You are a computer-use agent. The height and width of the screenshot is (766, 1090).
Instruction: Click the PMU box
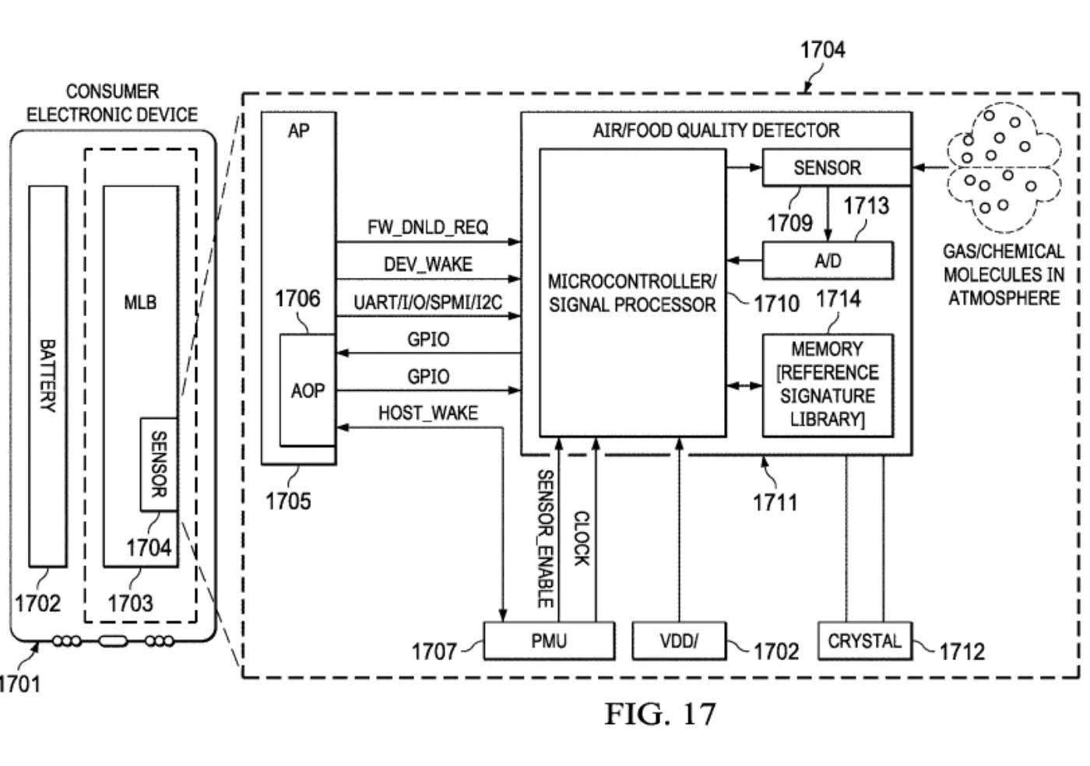tap(549, 641)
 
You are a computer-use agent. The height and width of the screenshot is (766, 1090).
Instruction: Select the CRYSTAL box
tap(864, 641)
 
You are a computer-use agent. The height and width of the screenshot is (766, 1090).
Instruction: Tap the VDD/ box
tap(679, 641)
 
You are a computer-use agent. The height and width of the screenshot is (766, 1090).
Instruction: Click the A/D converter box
tap(827, 261)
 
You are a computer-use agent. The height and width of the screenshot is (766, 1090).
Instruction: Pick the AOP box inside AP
tap(308, 390)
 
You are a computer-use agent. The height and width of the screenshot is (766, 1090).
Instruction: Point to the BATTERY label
tap(47, 375)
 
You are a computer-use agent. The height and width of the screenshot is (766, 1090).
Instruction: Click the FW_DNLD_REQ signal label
tap(427, 227)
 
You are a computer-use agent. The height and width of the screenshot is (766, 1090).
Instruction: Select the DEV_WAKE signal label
tap(427, 265)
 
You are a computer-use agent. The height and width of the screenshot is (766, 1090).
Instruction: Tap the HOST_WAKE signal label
tap(427, 413)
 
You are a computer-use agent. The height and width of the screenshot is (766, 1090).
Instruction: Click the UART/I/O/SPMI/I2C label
tap(427, 302)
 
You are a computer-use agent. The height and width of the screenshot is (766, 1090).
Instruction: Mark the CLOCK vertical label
tap(582, 538)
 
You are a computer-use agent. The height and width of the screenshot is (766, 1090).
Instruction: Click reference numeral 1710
tap(776, 303)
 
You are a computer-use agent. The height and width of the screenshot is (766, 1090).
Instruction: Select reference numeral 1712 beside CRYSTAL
tap(962, 651)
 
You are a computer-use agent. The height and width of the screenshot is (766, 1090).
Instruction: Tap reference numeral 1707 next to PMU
tap(434, 651)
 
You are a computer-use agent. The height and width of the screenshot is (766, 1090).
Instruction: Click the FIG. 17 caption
tap(660, 714)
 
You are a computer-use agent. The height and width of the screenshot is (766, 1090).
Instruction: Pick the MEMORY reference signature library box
tap(827, 385)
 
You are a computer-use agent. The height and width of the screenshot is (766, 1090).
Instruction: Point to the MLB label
tap(140, 302)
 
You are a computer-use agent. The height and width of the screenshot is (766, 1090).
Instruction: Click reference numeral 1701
tap(17, 684)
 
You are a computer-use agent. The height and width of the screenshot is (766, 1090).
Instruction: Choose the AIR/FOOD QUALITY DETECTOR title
tap(716, 131)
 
